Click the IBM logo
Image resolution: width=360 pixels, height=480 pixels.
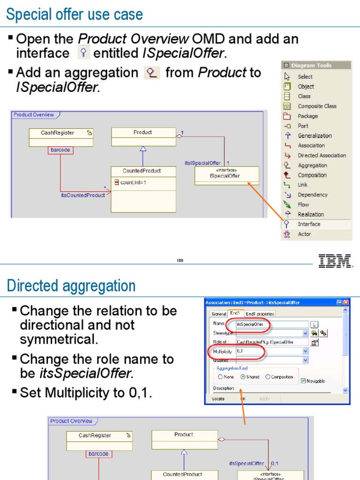click(335, 261)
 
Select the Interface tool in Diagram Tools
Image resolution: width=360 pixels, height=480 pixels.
click(308, 224)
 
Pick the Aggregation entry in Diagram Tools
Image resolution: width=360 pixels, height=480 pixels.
click(312, 165)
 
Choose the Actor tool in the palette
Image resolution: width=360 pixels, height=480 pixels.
click(304, 234)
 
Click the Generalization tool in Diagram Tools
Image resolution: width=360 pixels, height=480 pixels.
click(315, 135)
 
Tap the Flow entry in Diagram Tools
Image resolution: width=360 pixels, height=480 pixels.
click(303, 204)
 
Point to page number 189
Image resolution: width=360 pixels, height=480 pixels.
click(180, 261)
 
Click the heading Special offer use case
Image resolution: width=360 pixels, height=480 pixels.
click(75, 15)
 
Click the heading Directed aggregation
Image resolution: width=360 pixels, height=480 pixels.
click(71, 285)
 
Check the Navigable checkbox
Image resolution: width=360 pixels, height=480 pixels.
click(303, 381)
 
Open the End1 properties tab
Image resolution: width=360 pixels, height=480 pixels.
click(260, 314)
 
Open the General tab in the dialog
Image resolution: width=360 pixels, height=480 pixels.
click(219, 314)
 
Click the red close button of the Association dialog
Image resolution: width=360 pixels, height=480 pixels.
click(346, 302)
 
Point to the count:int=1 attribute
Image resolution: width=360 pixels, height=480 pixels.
click(133, 182)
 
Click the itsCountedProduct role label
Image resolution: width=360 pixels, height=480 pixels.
click(83, 195)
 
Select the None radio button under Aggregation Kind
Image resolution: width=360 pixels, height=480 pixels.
click(220, 377)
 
